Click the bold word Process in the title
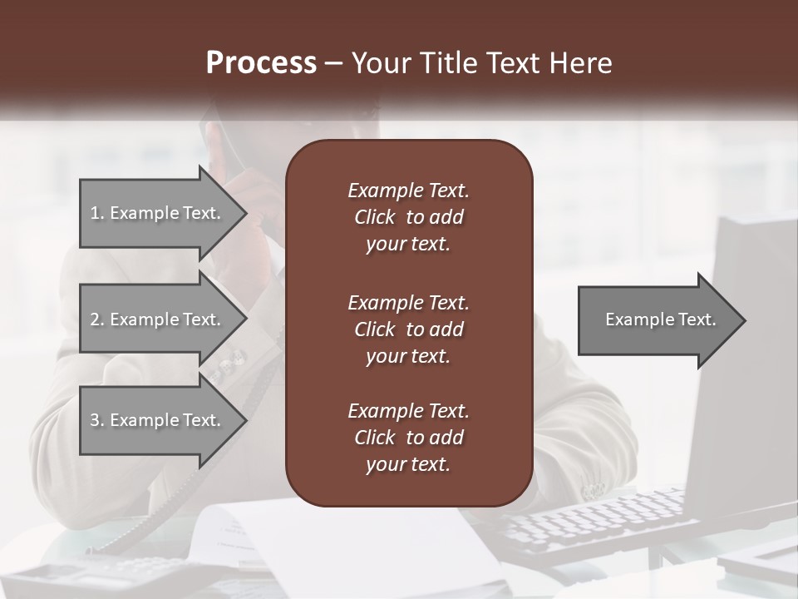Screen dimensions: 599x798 (x=261, y=63)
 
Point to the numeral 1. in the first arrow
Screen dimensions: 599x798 (x=97, y=213)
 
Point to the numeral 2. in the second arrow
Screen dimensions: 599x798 (x=97, y=319)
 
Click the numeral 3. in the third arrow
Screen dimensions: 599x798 (x=97, y=420)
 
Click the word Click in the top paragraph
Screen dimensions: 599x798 (x=374, y=217)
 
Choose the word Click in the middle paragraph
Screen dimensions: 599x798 (x=374, y=329)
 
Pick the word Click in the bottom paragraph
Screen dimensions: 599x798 (x=374, y=438)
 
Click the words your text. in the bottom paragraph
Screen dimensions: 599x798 (x=408, y=465)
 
